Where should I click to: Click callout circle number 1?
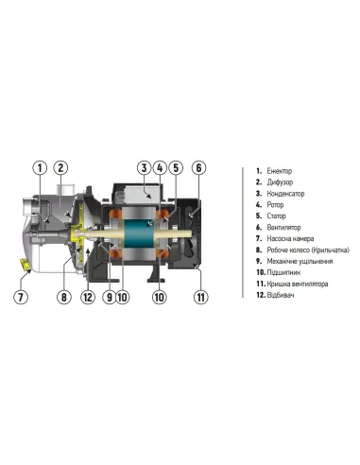(x=40, y=168)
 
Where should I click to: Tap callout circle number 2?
(x=61, y=168)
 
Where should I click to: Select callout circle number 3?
(x=145, y=168)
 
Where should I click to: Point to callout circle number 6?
(x=199, y=168)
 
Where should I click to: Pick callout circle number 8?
(x=64, y=298)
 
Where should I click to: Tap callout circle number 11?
(x=199, y=298)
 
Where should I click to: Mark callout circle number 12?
(x=88, y=298)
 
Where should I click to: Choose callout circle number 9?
(x=109, y=298)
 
